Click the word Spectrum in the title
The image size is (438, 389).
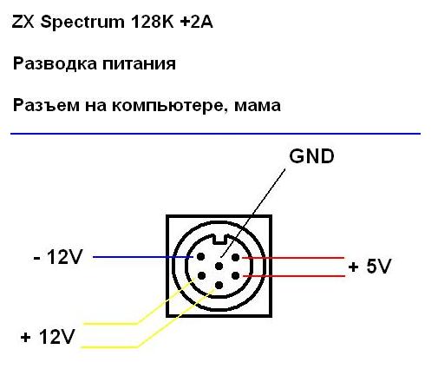point(82,23)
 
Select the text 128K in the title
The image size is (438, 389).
point(153,22)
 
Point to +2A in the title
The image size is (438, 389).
point(196,22)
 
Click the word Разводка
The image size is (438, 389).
point(55,63)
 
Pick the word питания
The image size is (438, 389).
point(140,64)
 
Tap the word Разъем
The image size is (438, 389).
point(46,105)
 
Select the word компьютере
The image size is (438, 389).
point(168,106)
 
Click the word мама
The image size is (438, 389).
point(258,106)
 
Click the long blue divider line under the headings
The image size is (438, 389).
point(215,134)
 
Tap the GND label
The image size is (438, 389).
point(311,156)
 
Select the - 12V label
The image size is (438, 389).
point(58,256)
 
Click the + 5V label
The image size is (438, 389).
point(369,266)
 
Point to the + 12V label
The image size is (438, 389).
point(48,337)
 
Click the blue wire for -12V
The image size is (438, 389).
point(143,257)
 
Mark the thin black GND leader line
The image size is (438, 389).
point(253,213)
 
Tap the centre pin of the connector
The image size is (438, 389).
point(219,267)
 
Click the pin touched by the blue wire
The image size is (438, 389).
point(200,257)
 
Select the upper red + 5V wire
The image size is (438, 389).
point(293,257)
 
